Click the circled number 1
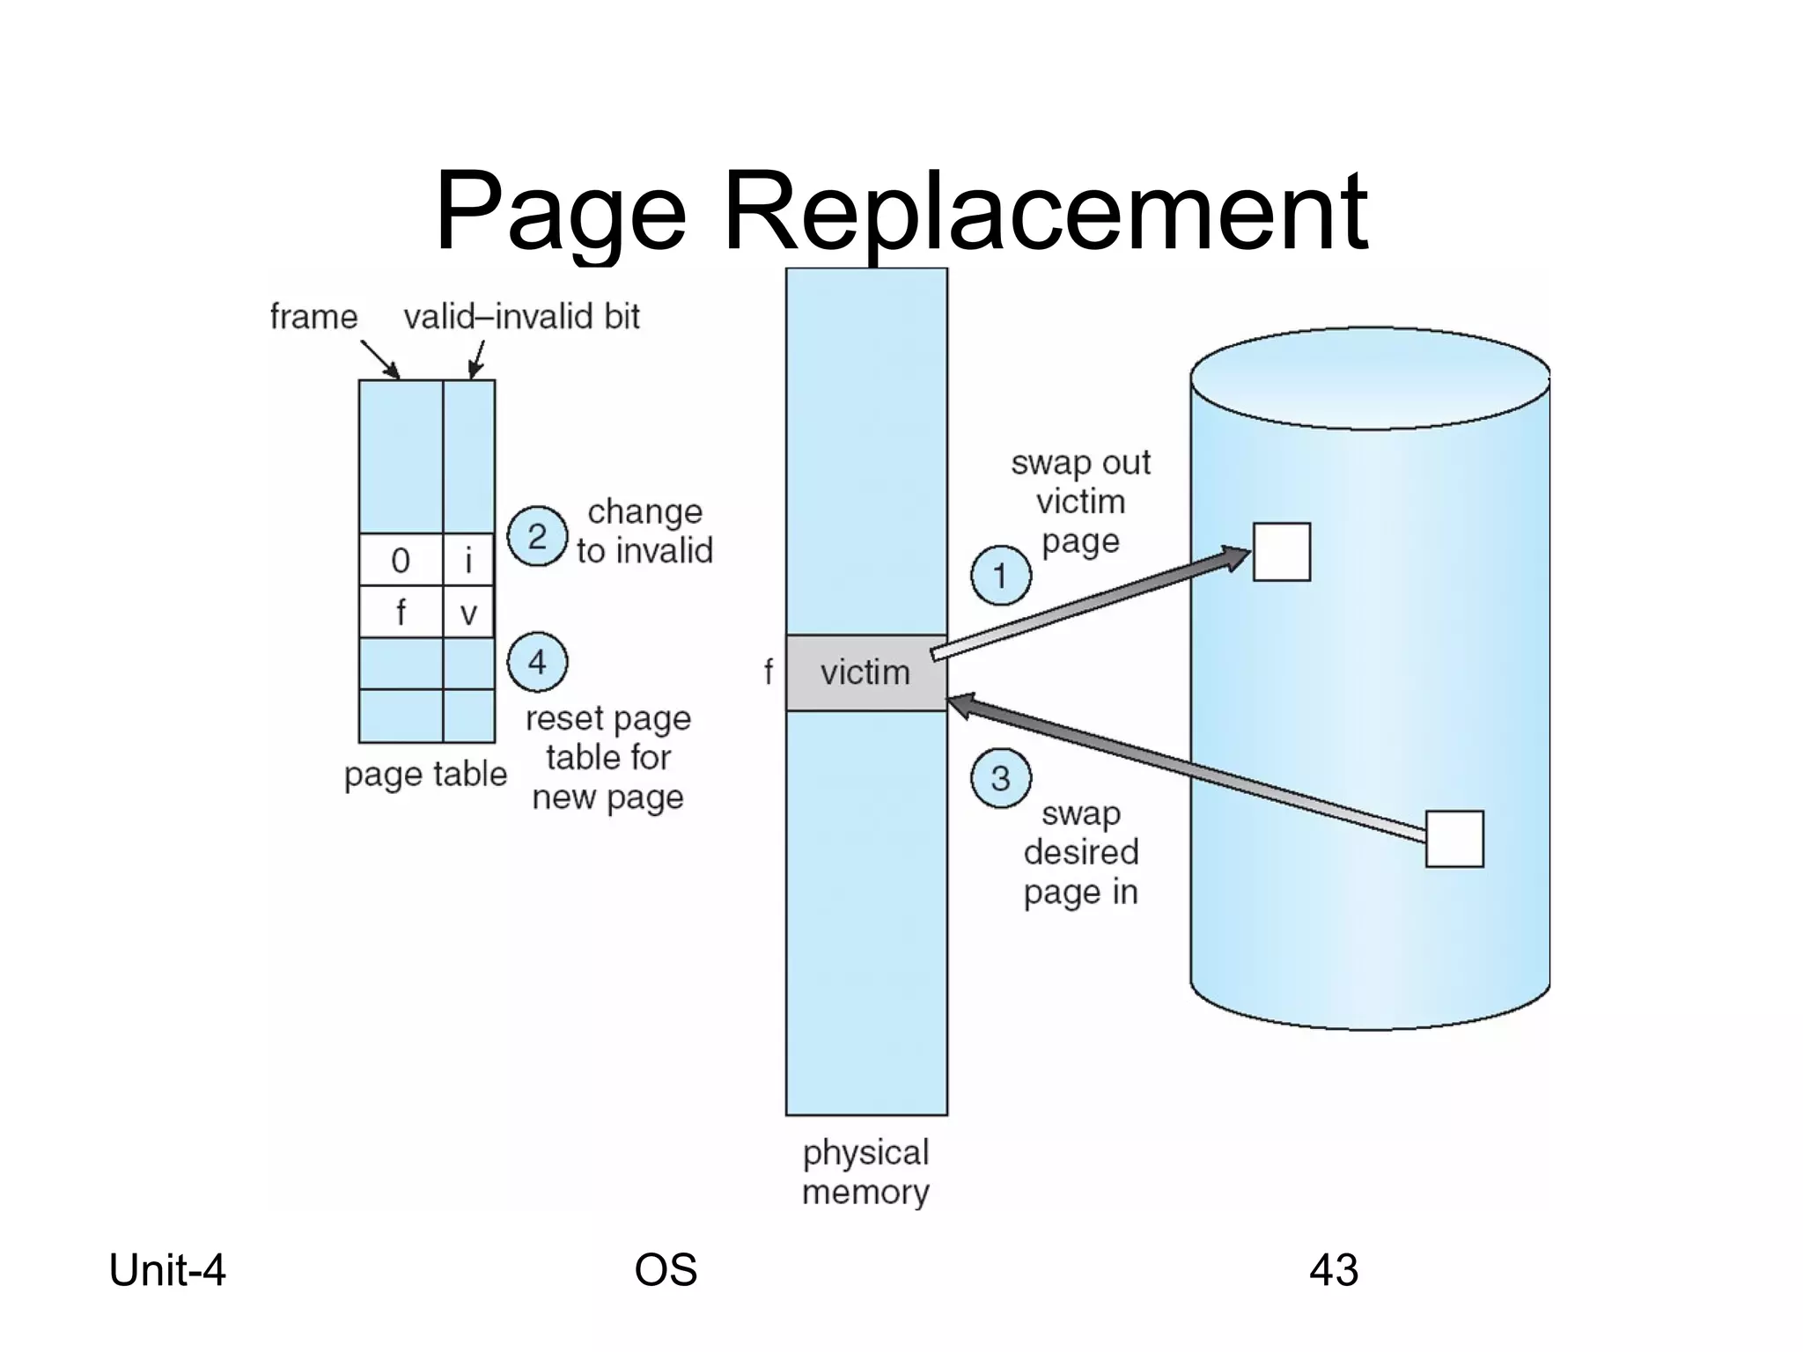click(x=1000, y=576)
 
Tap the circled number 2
click(x=537, y=536)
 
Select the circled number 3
click(x=1000, y=778)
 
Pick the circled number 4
click(x=537, y=662)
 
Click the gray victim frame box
click(x=866, y=672)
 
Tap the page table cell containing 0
click(x=401, y=560)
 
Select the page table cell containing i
click(x=468, y=560)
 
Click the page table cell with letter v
click(x=468, y=612)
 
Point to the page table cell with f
click(x=401, y=612)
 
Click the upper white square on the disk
click(x=1281, y=552)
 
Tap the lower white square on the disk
click(x=1454, y=839)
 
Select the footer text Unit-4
click(x=167, y=1270)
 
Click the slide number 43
click(x=1334, y=1270)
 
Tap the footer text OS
click(x=666, y=1270)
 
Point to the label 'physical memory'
click(x=865, y=1172)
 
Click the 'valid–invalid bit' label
click(x=521, y=317)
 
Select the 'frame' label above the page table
click(x=313, y=317)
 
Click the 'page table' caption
click(x=425, y=775)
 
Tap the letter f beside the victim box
click(x=768, y=672)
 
